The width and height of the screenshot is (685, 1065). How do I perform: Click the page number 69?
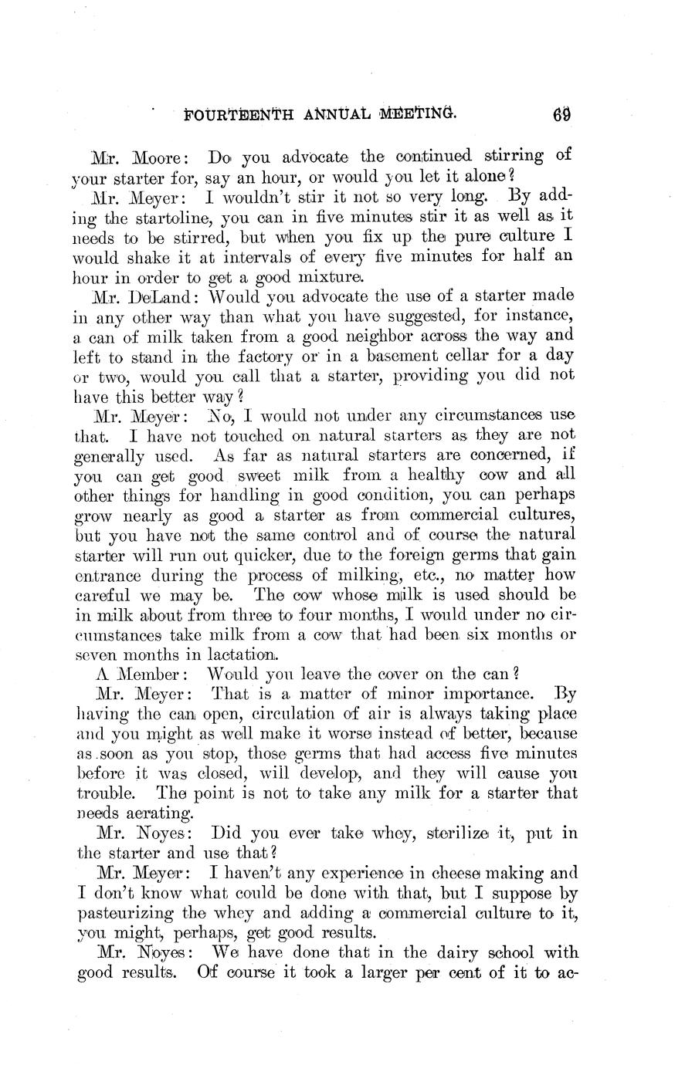pos(561,116)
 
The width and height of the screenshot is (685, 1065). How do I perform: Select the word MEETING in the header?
pos(418,116)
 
